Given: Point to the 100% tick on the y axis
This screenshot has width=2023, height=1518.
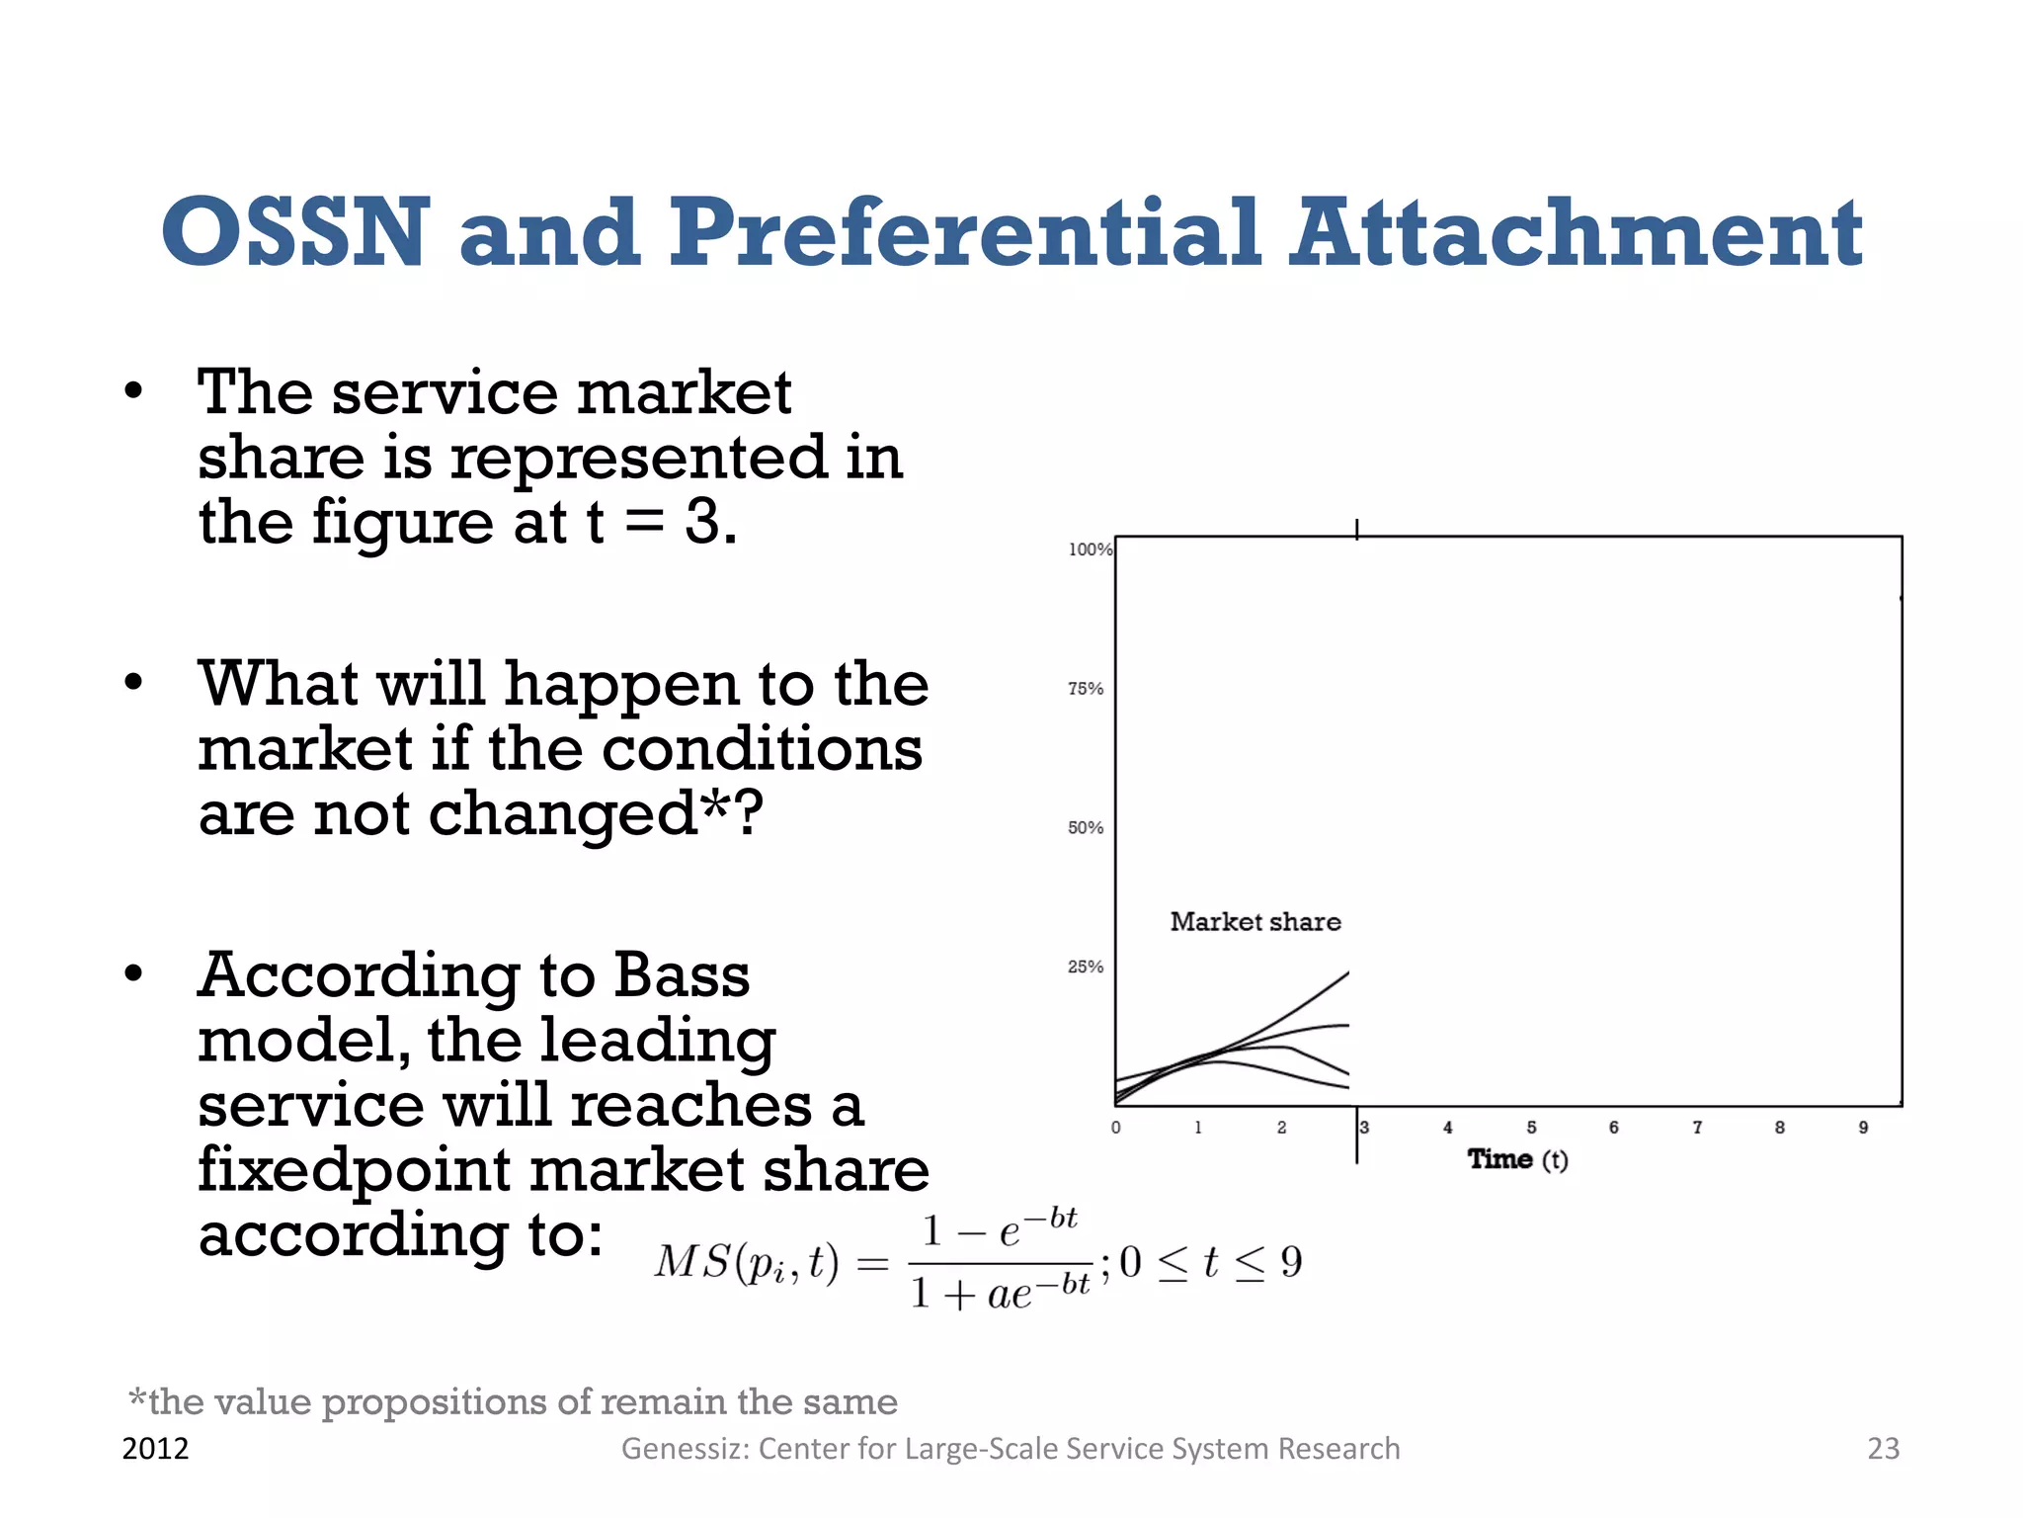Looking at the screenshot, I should [1090, 549].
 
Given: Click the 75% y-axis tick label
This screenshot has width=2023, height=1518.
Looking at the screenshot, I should [1085, 689].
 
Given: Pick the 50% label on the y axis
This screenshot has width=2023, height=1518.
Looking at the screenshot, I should [1085, 828].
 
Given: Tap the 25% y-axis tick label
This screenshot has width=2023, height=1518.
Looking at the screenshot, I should [1085, 968].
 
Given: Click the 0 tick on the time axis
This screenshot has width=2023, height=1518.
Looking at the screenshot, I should [1116, 1128].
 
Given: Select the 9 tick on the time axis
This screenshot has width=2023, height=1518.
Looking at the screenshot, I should [1863, 1128].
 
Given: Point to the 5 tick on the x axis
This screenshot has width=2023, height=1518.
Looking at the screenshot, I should [1531, 1128].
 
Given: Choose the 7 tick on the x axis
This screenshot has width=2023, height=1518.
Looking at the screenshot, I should [1697, 1128].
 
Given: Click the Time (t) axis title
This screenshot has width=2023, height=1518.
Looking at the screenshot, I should [1517, 1159].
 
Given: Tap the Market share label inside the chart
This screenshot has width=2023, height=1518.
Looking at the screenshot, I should [1255, 922].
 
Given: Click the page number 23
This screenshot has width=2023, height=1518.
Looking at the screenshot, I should [1883, 1449].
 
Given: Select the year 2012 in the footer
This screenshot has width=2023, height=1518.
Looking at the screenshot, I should [155, 1449].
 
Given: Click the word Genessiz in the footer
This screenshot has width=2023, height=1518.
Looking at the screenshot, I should [684, 1449].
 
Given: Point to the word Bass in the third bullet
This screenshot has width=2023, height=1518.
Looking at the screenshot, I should [682, 976].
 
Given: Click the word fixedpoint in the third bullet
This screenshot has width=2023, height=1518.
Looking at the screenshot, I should [354, 1170].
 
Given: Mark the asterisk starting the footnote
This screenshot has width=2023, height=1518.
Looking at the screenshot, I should [137, 1397].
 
